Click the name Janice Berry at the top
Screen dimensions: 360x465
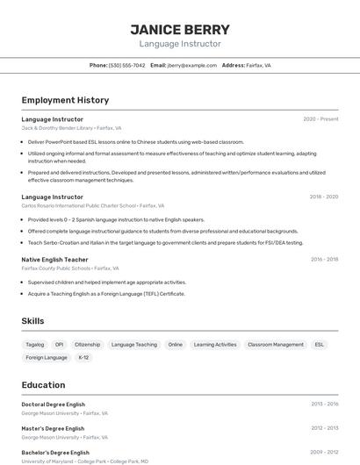pyautogui.click(x=180, y=29)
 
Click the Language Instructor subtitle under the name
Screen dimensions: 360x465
pyautogui.click(x=180, y=44)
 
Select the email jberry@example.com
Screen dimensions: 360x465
pyautogui.click(x=191, y=65)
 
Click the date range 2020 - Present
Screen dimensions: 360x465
pyautogui.click(x=320, y=119)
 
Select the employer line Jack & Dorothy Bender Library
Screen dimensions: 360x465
pyautogui.click(x=71, y=128)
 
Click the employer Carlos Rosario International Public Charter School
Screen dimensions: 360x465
pyautogui.click(x=92, y=205)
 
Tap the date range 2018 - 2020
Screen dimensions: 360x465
pyautogui.click(x=323, y=197)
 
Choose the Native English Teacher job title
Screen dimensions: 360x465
pyautogui.click(x=54, y=260)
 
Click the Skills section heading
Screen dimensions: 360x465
pyautogui.click(x=33, y=321)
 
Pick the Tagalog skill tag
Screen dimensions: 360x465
pyautogui.click(x=35, y=345)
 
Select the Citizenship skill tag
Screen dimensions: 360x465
pyautogui.click(x=88, y=345)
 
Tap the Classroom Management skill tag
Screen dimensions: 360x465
pyautogui.click(x=276, y=345)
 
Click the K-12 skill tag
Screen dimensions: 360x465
pyautogui.click(x=83, y=357)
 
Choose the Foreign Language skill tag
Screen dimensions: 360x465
pyautogui.click(x=47, y=357)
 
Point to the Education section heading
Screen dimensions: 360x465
pyautogui.click(x=44, y=384)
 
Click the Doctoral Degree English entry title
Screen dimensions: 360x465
pyautogui.click(x=54, y=404)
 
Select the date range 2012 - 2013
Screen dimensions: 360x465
pyautogui.click(x=324, y=428)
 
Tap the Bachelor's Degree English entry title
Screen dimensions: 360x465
pyautogui.click(x=55, y=453)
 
